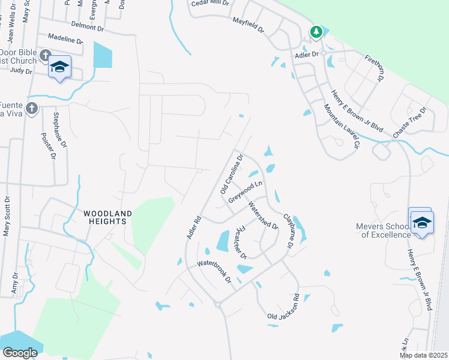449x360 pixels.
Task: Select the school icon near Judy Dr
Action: (x=59, y=67)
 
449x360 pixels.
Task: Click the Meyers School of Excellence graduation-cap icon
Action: (x=422, y=223)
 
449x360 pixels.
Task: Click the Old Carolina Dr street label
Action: (x=232, y=173)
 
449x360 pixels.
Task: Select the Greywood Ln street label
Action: (x=246, y=191)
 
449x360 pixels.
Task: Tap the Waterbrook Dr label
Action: (x=214, y=271)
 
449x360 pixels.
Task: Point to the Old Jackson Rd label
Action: (x=283, y=307)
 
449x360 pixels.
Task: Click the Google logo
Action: (x=20, y=353)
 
